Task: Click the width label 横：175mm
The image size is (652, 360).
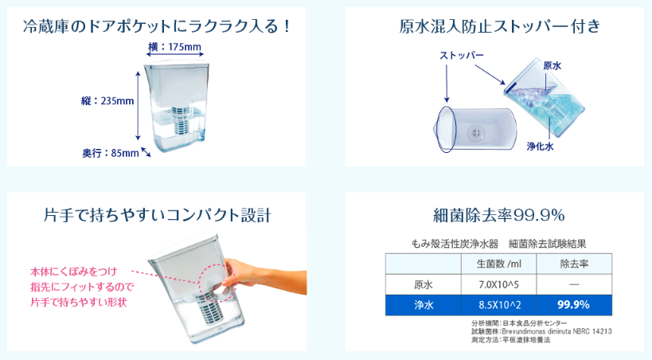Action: tap(174, 47)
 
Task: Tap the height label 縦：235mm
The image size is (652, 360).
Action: tap(107, 100)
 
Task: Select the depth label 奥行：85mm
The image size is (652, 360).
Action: tap(111, 153)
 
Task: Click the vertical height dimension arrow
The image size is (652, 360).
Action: tap(139, 106)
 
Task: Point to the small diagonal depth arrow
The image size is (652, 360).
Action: tap(146, 152)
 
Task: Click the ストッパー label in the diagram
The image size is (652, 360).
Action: tap(462, 55)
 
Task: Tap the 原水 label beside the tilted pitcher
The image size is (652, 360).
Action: tap(552, 66)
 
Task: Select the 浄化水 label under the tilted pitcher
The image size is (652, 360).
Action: tap(540, 146)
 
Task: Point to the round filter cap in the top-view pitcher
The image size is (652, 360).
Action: tap(476, 133)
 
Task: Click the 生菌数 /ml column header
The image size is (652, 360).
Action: tap(498, 264)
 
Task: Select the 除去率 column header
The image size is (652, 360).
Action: tap(574, 264)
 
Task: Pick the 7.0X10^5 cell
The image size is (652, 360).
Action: tap(498, 284)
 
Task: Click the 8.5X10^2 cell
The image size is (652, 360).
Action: tap(499, 305)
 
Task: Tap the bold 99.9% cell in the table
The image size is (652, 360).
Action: tap(573, 305)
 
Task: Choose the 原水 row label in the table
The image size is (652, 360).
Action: tap(424, 284)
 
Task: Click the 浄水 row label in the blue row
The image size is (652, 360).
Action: tap(424, 305)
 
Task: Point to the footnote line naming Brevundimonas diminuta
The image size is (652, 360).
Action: tap(541, 331)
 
